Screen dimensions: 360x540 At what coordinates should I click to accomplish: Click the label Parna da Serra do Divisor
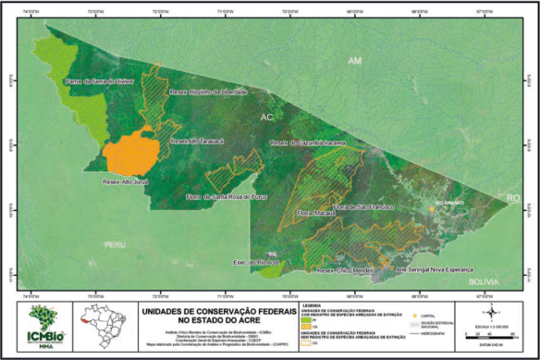100,81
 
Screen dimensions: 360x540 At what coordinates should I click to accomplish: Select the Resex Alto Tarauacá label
200,142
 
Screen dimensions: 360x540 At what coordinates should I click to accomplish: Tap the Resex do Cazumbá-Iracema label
307,143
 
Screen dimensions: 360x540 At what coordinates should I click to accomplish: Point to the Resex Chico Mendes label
343,270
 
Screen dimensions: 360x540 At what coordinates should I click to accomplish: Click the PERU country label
115,245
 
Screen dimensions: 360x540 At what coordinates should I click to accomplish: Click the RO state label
514,199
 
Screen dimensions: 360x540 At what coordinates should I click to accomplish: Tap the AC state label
267,118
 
